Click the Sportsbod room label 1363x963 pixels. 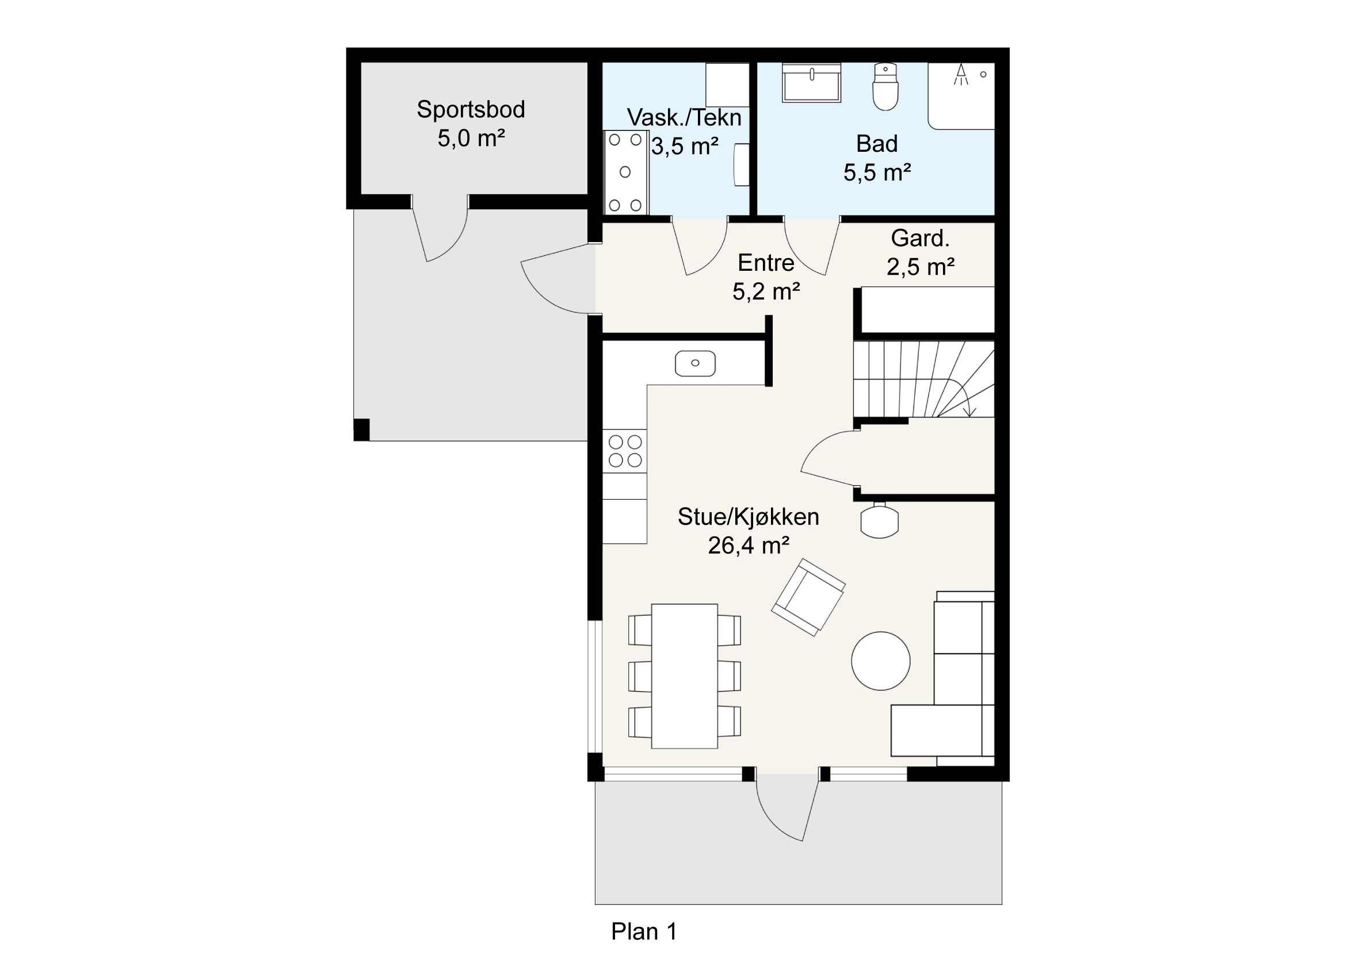[471, 110]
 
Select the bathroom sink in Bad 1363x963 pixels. [811, 83]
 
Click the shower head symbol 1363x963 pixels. [960, 74]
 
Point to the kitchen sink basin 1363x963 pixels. [695, 363]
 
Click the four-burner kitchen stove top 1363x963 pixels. [625, 451]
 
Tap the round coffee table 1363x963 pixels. [880, 661]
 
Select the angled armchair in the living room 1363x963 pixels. [808, 597]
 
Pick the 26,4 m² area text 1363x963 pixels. [749, 545]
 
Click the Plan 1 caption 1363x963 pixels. [644, 931]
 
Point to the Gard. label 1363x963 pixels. [920, 239]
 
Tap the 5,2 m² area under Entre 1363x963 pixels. [766, 291]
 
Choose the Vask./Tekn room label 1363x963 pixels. [685, 117]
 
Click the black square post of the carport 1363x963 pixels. [361, 429]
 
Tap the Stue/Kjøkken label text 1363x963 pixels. [749, 517]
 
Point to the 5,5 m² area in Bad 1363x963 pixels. [877, 172]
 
